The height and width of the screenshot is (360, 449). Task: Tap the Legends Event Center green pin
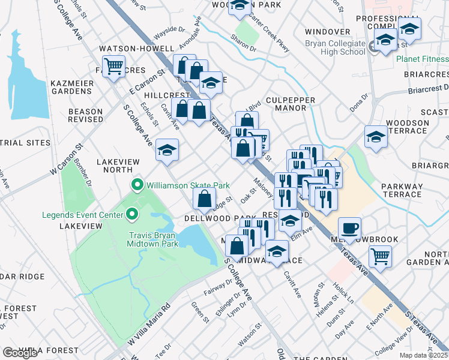pyautogui.click(x=132, y=214)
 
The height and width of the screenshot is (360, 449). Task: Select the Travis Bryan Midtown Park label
pyautogui.click(x=153, y=239)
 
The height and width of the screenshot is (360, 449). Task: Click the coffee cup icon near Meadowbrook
pyautogui.click(x=349, y=228)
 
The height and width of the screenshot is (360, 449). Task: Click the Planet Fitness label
pyautogui.click(x=422, y=59)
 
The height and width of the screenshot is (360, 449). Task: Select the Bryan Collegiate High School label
pyautogui.click(x=334, y=47)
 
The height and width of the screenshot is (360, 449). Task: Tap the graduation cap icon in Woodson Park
pyautogui.click(x=240, y=5)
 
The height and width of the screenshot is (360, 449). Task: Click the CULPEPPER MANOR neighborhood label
pyautogui.click(x=282, y=103)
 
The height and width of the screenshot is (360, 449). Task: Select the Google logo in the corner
pyautogui.click(x=20, y=353)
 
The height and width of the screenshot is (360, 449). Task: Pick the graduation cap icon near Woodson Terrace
pyautogui.click(x=376, y=136)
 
